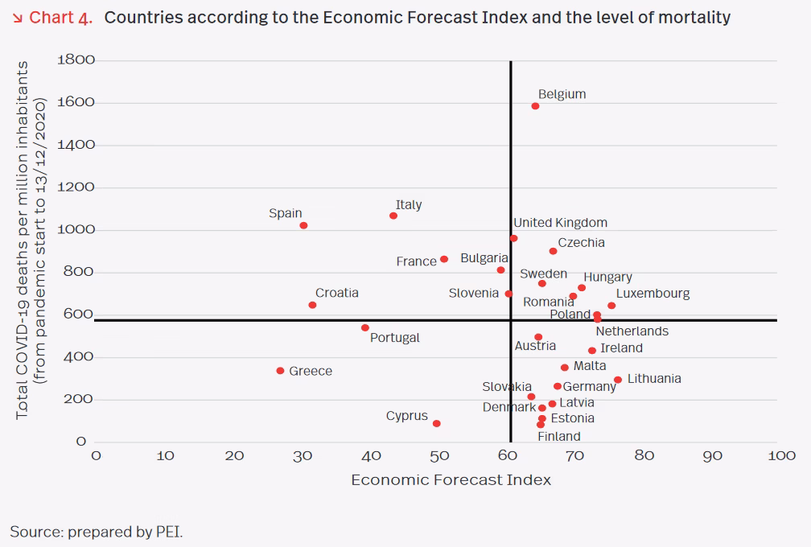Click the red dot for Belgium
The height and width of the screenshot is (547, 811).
(535, 106)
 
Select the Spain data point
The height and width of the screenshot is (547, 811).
(303, 225)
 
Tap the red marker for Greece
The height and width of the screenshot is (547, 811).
(280, 371)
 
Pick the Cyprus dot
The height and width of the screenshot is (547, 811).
(436, 423)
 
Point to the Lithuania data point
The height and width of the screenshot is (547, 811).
(617, 380)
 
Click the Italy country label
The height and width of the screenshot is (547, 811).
(409, 204)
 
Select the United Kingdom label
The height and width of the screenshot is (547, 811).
(560, 222)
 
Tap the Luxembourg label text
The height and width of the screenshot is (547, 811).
(653, 293)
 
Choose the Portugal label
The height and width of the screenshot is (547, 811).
(394, 337)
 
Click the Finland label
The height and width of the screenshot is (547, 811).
(558, 436)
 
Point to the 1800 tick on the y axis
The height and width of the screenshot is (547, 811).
(76, 60)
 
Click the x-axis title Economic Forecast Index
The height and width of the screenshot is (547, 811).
(451, 479)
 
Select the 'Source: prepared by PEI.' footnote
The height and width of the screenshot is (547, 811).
(97, 531)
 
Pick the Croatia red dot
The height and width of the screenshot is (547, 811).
(312, 305)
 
